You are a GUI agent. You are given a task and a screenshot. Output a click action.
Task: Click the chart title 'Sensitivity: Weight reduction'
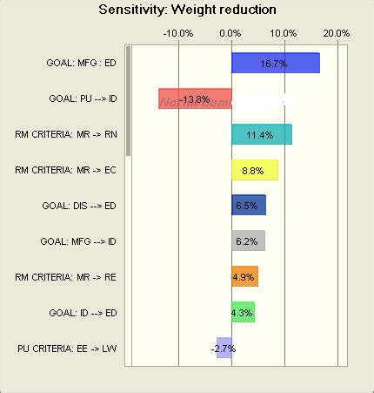tap(187, 10)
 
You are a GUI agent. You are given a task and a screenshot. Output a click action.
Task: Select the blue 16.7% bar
tap(275, 64)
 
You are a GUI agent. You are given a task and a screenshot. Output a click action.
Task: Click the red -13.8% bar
tap(195, 99)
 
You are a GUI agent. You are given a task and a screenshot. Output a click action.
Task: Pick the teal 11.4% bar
tap(261, 134)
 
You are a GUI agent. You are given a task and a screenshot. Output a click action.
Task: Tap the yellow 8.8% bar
tap(254, 170)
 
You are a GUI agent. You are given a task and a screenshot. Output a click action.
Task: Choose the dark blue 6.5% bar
tap(248, 206)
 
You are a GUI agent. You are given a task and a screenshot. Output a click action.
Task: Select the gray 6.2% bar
tap(247, 241)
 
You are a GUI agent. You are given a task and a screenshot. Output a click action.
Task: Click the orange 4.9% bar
tap(244, 277)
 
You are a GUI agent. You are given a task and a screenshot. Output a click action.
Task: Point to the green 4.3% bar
tap(243, 312)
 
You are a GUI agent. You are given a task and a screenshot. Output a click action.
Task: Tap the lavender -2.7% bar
tap(224, 348)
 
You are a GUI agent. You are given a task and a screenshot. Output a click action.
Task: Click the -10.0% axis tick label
tap(178, 32)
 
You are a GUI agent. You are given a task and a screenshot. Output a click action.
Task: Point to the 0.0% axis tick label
tap(230, 32)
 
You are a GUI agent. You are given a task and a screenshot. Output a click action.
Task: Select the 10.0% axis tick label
tap(284, 32)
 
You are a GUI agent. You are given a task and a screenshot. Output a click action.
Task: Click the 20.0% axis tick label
tap(336, 32)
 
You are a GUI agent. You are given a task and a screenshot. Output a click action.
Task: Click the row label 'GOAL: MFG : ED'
tap(80, 63)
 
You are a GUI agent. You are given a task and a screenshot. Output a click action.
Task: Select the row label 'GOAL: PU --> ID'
tap(78, 98)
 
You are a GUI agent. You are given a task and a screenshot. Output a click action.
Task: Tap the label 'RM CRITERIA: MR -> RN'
tap(65, 134)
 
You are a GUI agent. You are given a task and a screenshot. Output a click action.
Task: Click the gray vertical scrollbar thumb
tap(129, 100)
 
